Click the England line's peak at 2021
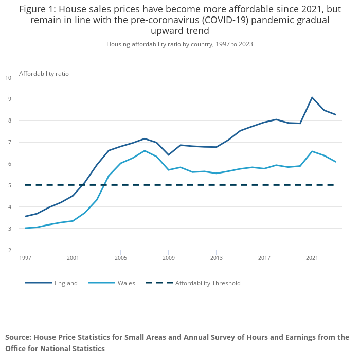tap(312, 97)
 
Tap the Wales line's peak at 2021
tap(312, 151)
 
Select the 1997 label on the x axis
tap(25, 258)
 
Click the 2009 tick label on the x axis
tap(168, 258)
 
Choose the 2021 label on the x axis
tap(312, 258)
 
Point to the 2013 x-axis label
tap(216, 258)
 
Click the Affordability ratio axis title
tap(44, 74)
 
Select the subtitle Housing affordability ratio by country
tap(179, 44)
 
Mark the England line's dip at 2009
tap(168, 155)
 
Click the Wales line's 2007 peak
tap(145, 151)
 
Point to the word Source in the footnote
tap(18, 338)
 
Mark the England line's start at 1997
tap(25, 216)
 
